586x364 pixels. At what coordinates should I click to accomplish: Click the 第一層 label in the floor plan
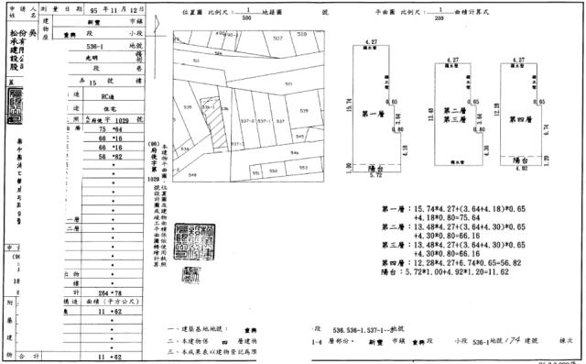click(371, 114)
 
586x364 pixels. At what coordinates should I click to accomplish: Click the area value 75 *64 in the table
click(110, 131)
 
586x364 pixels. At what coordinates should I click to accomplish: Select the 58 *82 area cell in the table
click(110, 157)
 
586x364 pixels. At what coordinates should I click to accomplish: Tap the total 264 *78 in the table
click(110, 292)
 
